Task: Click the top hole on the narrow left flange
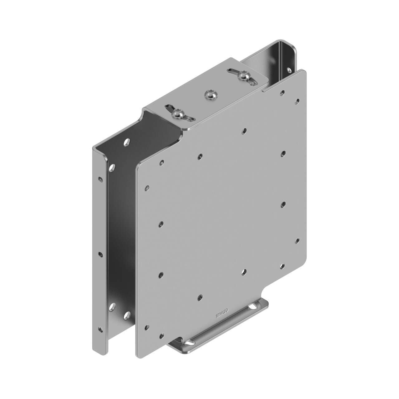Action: tap(100, 180)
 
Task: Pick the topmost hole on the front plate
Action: tap(282, 92)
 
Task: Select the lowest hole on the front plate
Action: tap(161, 336)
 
